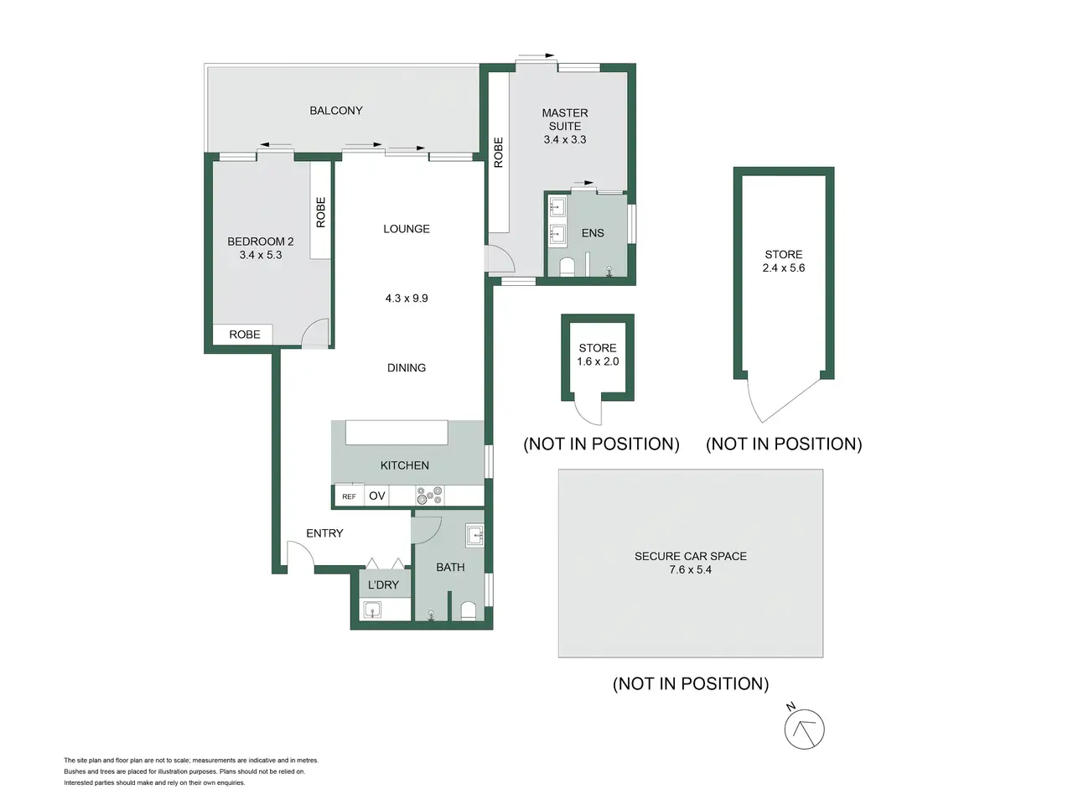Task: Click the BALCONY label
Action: [336, 111]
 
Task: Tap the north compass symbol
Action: [804, 728]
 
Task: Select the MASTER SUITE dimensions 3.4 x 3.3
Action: [565, 139]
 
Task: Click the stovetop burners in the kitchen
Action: [430, 495]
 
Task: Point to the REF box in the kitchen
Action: [349, 496]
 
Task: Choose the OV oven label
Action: [377, 496]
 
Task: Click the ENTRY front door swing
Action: [301, 555]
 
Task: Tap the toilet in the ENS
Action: [567, 267]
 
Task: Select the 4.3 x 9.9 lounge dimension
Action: [407, 299]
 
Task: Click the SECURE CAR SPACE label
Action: [690, 556]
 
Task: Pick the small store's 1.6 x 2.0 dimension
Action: [598, 361]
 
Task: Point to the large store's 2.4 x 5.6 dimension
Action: [783, 267]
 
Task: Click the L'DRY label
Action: [383, 584]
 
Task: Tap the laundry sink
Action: [372, 610]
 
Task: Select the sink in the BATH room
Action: [474, 535]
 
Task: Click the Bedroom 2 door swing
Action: [315, 333]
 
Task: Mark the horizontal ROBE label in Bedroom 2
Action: [245, 335]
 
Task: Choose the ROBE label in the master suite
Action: [498, 153]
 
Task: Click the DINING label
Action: [407, 367]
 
